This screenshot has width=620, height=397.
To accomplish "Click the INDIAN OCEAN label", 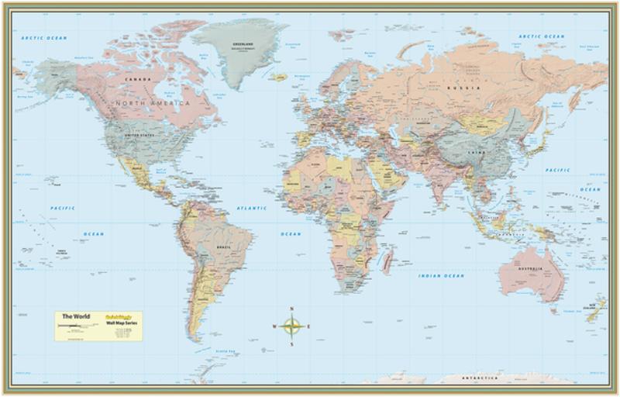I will coord(441,275).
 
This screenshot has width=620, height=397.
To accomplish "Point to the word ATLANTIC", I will coord(250,209).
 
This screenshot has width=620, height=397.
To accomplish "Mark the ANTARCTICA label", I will coord(480,379).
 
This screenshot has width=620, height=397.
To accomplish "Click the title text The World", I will coord(76,316).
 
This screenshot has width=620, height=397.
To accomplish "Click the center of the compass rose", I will coord(293,326).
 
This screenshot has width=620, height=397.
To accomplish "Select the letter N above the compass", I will coord(293,309).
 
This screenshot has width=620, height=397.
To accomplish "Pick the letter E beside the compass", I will coord(309,326).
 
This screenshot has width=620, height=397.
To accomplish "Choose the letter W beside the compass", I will coord(275,326).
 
